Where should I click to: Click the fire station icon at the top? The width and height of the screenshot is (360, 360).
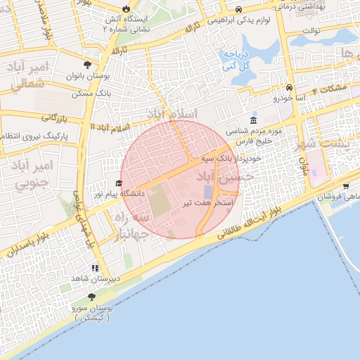(x=126, y=8)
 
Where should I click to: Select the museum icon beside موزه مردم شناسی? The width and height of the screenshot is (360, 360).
(x=253, y=120)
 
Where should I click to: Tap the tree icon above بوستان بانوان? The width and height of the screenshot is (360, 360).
(x=86, y=63)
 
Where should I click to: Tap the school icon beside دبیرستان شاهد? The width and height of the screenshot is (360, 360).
(x=94, y=267)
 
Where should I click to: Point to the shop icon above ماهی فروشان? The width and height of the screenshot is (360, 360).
(x=346, y=186)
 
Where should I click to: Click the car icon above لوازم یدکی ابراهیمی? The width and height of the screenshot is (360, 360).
(x=239, y=9)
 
